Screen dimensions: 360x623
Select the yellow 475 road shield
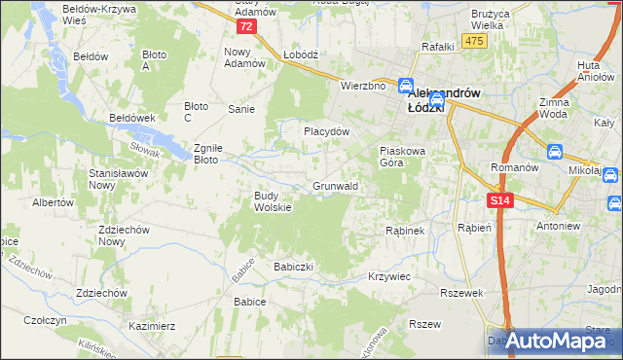474,40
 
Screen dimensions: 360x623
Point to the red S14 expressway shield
498,199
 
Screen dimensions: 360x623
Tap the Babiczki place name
292,266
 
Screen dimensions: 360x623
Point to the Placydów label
326,130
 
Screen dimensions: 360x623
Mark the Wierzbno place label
364,86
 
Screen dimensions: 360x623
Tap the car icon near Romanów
554,152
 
